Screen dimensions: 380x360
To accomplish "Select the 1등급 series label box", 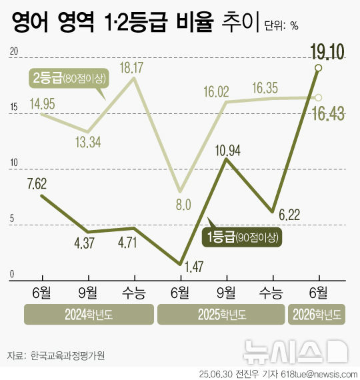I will (x=242, y=236).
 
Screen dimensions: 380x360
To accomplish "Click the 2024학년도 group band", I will (x=88, y=315).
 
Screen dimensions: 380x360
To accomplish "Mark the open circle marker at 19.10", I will (x=319, y=68).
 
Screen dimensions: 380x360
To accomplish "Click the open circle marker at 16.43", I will (x=319, y=97).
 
